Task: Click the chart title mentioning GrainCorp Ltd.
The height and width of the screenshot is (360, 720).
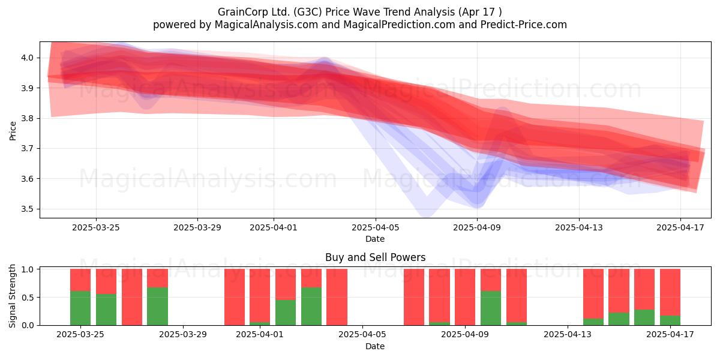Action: pyautogui.click(x=359, y=12)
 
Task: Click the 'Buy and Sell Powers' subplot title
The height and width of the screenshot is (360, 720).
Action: pyautogui.click(x=375, y=257)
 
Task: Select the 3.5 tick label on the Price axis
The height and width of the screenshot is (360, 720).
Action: pyautogui.click(x=28, y=209)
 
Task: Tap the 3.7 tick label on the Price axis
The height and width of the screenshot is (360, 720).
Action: pyautogui.click(x=28, y=149)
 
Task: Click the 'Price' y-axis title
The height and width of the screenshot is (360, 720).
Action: pyautogui.click(x=13, y=131)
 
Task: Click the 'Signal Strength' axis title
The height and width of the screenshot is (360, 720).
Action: pyautogui.click(x=12, y=296)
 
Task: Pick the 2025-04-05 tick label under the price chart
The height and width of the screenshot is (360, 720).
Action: pyautogui.click(x=375, y=227)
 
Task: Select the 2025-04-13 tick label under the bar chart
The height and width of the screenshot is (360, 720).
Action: pyautogui.click(x=568, y=334)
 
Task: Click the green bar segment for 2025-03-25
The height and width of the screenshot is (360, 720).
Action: pyautogui.click(x=80, y=308)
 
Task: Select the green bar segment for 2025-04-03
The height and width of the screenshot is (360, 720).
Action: pyautogui.click(x=311, y=307)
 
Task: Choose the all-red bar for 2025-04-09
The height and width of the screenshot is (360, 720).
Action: pyautogui.click(x=465, y=297)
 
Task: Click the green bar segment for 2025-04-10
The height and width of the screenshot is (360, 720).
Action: pyautogui.click(x=491, y=308)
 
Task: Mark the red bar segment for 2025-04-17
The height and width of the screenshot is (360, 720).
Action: pyautogui.click(x=670, y=292)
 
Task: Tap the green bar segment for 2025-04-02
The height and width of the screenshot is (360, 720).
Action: pyautogui.click(x=286, y=313)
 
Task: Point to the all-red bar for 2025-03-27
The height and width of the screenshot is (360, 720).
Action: pyautogui.click(x=132, y=297)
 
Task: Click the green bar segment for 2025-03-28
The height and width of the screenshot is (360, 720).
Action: pyautogui.click(x=157, y=307)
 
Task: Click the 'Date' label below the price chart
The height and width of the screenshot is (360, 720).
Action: pyautogui.click(x=375, y=239)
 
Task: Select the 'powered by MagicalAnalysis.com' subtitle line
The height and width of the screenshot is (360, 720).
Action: pyautogui.click(x=359, y=25)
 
